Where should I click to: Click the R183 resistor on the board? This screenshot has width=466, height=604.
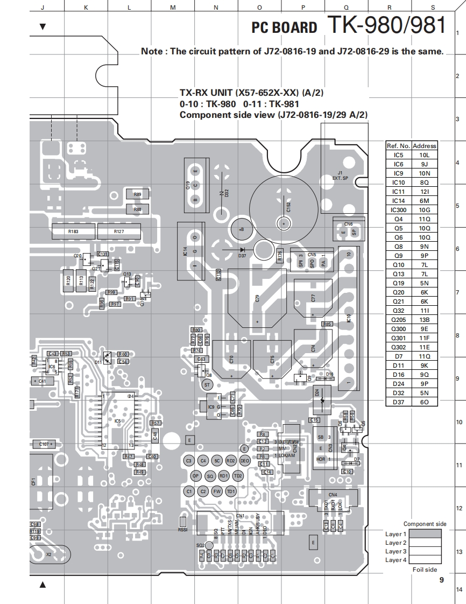[73, 231]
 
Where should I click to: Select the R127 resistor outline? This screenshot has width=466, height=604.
[119, 231]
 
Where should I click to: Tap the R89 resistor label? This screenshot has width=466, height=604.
[138, 195]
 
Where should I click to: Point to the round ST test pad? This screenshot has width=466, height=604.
[207, 385]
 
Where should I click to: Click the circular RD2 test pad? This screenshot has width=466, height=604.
[230, 461]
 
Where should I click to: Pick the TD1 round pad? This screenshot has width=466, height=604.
[230, 491]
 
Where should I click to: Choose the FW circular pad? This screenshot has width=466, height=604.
[217, 491]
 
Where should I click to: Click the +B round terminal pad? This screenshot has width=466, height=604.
[239, 229]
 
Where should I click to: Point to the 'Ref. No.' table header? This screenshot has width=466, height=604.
[399, 146]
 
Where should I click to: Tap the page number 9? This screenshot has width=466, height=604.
[441, 580]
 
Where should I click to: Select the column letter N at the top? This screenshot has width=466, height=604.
[216, 7]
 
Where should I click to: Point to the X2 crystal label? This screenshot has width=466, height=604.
[49, 554]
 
